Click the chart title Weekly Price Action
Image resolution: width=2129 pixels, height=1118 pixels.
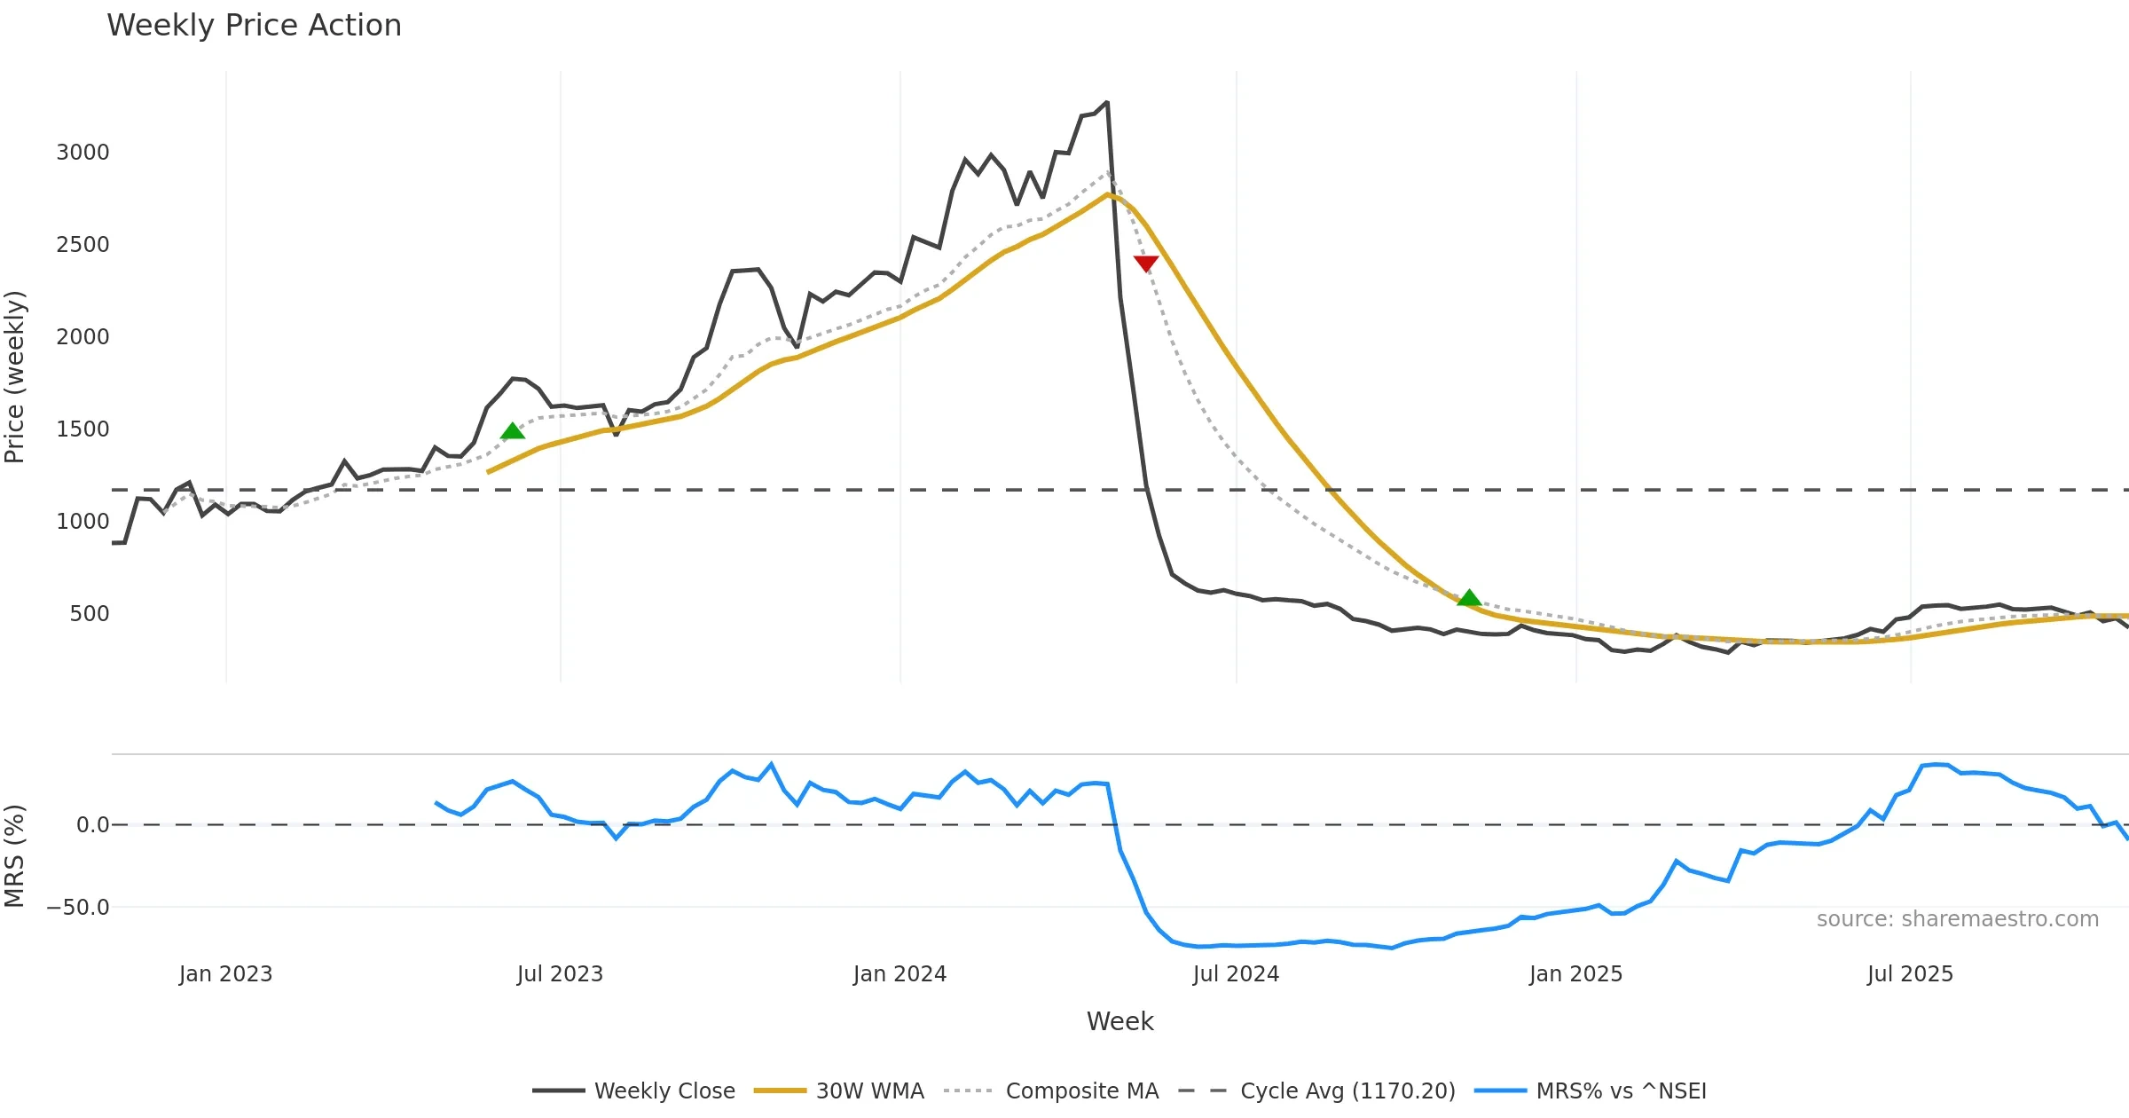(254, 26)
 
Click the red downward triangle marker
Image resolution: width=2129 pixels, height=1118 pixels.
(1146, 264)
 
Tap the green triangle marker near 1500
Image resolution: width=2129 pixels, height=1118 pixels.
(513, 431)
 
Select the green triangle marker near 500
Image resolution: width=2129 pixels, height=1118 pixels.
(1469, 598)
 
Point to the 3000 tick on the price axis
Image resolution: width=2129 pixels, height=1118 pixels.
(82, 153)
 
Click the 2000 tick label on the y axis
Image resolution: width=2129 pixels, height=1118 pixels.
(82, 337)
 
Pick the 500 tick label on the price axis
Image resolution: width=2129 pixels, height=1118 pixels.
(89, 614)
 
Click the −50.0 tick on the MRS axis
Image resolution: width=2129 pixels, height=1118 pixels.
(78, 908)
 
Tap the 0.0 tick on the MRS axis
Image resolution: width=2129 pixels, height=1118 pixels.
(92, 825)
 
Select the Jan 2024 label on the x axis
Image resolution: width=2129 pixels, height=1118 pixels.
(900, 974)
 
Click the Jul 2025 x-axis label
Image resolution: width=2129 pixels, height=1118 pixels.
(1910, 974)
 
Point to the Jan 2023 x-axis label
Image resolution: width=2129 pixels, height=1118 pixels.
(225, 974)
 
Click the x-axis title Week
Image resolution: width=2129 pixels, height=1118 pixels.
(1119, 1022)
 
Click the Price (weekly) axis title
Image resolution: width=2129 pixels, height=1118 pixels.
(15, 377)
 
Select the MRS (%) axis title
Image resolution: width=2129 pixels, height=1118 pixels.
(15, 856)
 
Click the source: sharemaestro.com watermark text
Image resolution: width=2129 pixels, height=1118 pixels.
(1957, 919)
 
